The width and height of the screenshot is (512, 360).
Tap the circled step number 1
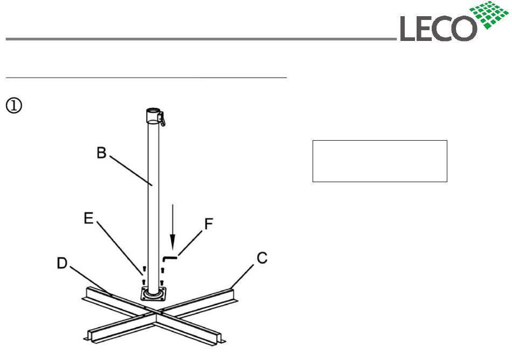pos(13,106)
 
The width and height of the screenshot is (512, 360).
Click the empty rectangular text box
pos(379,161)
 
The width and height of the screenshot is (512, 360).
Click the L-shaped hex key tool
pos(172,258)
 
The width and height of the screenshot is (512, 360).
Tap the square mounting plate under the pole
pos(153,294)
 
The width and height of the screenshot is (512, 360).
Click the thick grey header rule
pos(199,39)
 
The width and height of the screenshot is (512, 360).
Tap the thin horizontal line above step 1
pos(146,78)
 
